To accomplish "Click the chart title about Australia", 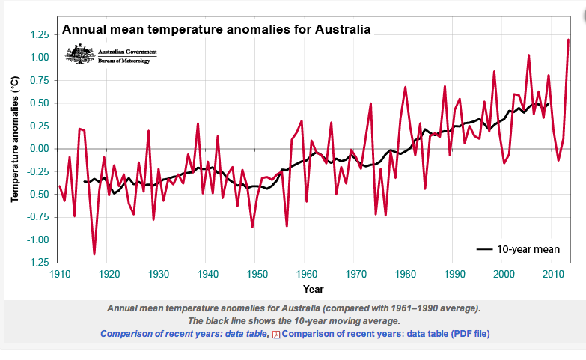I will (x=216, y=31).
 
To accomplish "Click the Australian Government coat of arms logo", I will (x=79, y=54).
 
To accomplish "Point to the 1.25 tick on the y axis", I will (x=38, y=34).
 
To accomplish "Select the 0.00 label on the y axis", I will (x=38, y=149).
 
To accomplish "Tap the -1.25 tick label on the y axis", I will (x=37, y=263).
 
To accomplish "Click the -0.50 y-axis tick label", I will (x=37, y=195).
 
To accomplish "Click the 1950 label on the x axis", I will (x=256, y=275).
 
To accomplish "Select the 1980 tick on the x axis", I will (x=405, y=275).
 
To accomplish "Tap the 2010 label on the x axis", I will (x=552, y=275).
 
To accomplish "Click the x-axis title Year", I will (x=314, y=289).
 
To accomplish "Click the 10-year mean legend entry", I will (x=519, y=250).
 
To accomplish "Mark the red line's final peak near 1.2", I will (x=568, y=40).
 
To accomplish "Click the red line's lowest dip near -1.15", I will (x=94, y=254).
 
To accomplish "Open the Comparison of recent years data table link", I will (x=184, y=333).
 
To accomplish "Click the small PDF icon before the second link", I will (x=275, y=334).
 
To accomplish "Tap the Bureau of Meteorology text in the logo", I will (x=124, y=61).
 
